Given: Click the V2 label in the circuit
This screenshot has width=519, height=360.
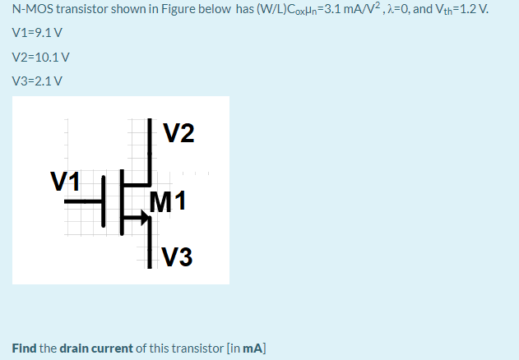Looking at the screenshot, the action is pyautogui.click(x=179, y=133).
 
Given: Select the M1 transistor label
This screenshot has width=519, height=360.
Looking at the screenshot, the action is pyautogui.click(x=169, y=200).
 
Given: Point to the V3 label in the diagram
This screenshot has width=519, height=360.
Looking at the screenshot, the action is pyautogui.click(x=178, y=257).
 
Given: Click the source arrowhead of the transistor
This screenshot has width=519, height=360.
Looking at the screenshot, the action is pyautogui.click(x=145, y=219).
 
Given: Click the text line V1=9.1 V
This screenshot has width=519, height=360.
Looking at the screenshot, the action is pyautogui.click(x=38, y=35).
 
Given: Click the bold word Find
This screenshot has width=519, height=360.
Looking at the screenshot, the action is pyautogui.click(x=24, y=348).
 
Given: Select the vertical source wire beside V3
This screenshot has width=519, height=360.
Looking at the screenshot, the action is pyautogui.click(x=150, y=251).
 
